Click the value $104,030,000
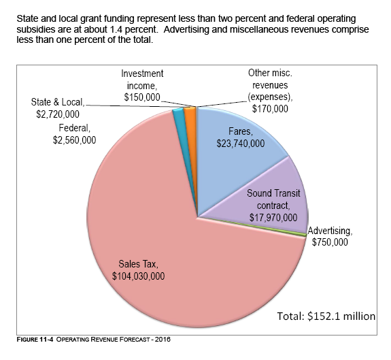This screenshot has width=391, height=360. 139,276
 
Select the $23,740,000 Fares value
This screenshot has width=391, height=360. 241,144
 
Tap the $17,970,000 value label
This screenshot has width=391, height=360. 273,218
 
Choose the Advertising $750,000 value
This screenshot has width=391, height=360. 330,242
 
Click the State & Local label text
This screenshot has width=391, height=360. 58,102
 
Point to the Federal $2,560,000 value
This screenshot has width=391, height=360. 74,140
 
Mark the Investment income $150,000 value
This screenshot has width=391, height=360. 142,97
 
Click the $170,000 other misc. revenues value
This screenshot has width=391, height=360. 270,109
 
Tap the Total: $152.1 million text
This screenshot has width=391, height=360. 326,316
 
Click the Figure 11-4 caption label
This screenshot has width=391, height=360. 35,340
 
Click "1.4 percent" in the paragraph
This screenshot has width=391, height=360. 133,29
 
